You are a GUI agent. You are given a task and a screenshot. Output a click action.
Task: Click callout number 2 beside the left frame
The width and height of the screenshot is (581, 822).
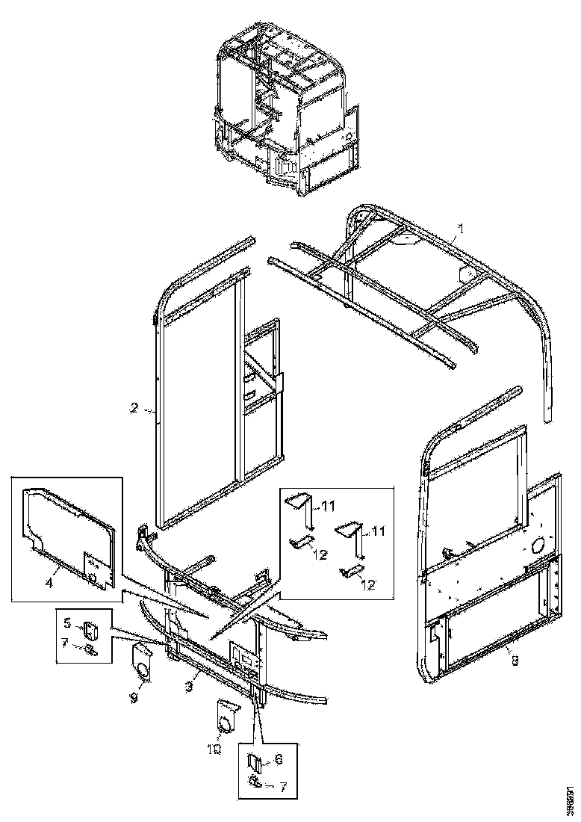(x=134, y=408)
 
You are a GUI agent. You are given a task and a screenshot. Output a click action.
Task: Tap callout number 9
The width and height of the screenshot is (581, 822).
(x=134, y=696)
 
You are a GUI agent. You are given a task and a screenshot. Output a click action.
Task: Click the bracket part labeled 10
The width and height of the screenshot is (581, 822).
(x=225, y=715)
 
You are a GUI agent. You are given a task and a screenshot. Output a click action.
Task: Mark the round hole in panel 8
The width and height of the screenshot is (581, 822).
(x=536, y=547)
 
